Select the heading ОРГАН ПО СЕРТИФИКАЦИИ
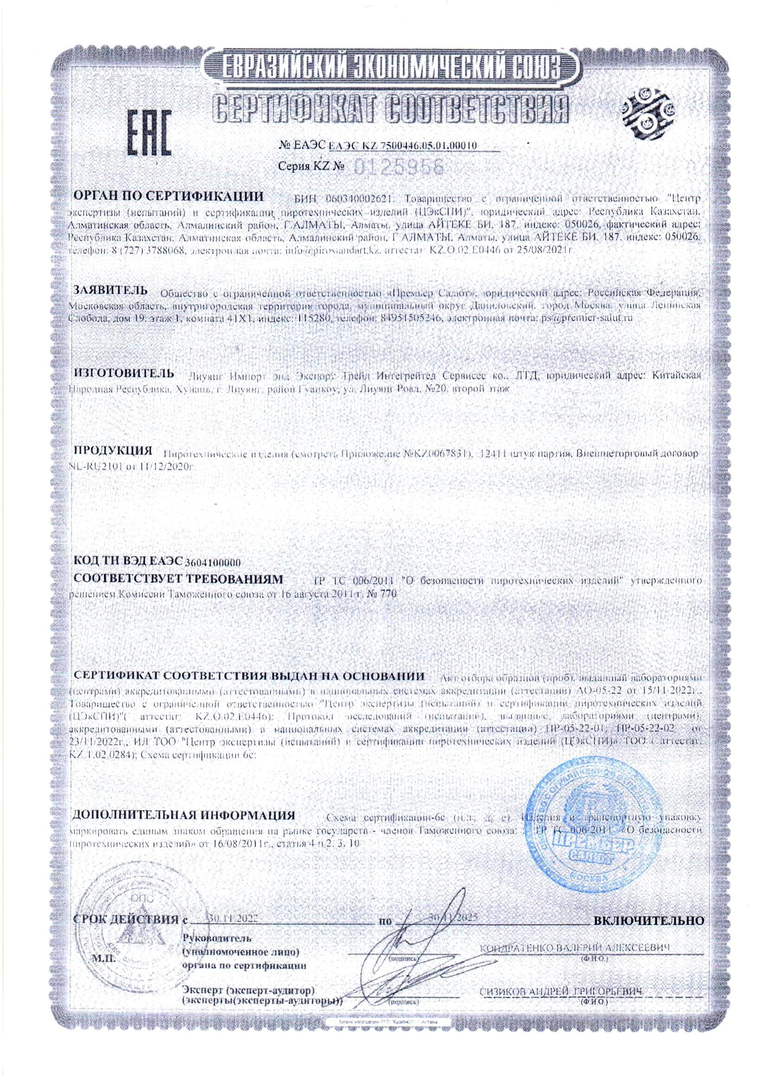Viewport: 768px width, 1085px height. point(166,196)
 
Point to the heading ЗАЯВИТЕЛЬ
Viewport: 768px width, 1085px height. point(109,289)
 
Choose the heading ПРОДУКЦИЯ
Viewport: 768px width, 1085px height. point(114,449)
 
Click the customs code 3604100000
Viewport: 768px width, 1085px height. point(213,562)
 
